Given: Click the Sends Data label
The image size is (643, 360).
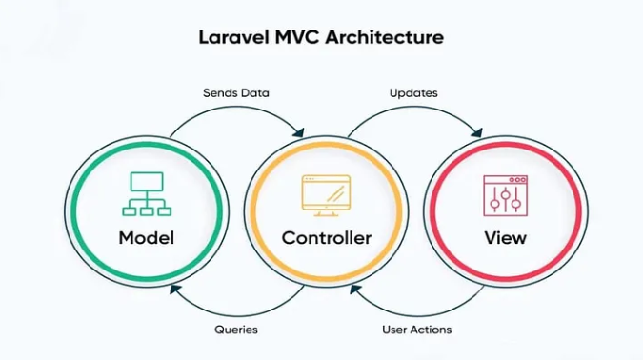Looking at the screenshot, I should coord(236,93).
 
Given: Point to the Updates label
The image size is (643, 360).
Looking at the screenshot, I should coord(413,93).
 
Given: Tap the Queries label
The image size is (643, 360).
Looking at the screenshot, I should coord(236,330).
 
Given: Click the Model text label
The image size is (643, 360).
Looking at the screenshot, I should coord(146,238).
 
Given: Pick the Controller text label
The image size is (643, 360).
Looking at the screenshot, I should coord(327,238).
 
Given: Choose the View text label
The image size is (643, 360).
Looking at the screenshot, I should coord(505,238).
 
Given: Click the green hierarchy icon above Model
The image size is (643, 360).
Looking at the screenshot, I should coord(146,193).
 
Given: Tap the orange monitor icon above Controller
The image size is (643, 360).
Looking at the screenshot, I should coord(326,193).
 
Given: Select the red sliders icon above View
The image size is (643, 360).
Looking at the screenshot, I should coord(505,194).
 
